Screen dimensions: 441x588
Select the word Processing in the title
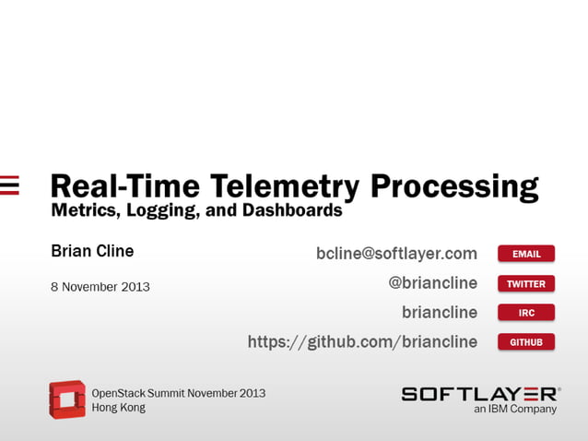click(454, 187)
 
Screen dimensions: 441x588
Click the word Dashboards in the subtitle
click(293, 210)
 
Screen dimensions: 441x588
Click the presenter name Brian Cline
click(92, 251)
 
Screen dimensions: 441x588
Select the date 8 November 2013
click(100, 287)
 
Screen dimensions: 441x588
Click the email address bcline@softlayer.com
click(396, 253)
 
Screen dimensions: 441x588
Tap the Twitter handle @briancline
click(432, 283)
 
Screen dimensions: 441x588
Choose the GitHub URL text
click(362, 342)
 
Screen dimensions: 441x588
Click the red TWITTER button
click(526, 283)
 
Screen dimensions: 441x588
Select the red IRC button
click(526, 313)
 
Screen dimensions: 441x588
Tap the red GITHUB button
click(526, 342)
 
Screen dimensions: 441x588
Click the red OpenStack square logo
click(66, 399)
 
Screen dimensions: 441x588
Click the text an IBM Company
click(515, 409)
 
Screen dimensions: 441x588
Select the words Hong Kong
click(118, 408)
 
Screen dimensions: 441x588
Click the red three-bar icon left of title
click(9, 185)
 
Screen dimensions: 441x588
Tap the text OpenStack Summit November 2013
click(178, 393)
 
